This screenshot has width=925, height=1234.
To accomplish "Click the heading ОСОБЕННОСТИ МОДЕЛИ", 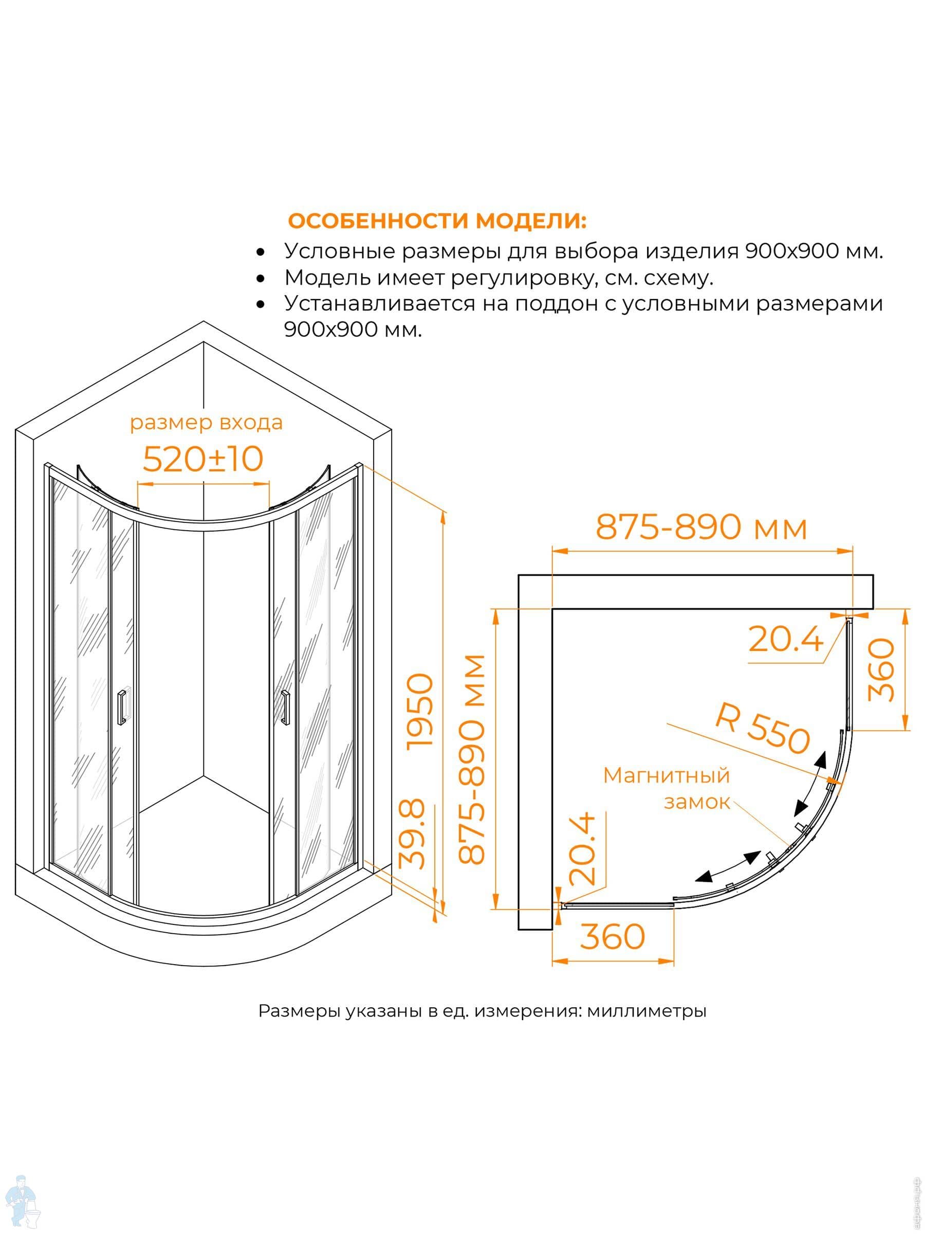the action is (x=437, y=222).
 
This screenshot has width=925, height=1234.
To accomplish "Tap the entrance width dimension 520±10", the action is (x=203, y=459).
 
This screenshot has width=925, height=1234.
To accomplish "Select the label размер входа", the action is (x=206, y=423).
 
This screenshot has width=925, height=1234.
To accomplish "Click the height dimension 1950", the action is (x=420, y=711).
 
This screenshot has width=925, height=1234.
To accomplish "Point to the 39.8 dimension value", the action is (x=413, y=834).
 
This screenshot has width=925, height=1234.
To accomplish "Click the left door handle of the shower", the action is (x=122, y=707).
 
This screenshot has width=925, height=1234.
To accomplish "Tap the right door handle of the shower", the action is (x=286, y=707).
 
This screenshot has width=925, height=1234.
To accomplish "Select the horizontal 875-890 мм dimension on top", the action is (x=701, y=527).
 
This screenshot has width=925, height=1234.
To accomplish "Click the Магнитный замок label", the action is (x=667, y=788).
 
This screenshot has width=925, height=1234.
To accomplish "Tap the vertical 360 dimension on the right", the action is (x=881, y=669).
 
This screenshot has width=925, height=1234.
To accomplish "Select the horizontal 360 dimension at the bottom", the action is (x=612, y=936).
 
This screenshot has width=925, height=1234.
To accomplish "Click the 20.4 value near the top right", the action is (x=785, y=639).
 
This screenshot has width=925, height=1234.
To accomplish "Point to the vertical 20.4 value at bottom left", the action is (x=582, y=848).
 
